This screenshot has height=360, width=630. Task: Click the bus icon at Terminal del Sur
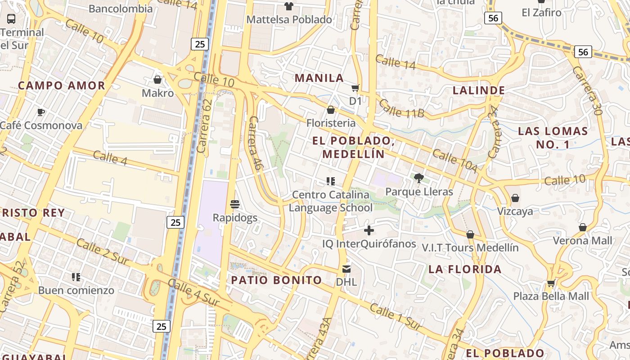11,19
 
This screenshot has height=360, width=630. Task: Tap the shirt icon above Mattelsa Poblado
288,6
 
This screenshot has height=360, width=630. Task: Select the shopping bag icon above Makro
157,80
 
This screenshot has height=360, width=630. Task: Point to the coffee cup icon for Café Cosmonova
41,112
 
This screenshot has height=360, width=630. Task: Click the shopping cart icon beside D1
355,88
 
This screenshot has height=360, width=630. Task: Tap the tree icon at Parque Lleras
418,178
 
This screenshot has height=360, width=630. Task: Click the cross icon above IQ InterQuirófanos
369,230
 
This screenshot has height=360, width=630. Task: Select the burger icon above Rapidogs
234,204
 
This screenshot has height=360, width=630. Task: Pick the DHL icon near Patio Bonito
346,269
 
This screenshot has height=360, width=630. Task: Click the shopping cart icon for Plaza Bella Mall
551,283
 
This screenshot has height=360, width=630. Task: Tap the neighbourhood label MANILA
319,78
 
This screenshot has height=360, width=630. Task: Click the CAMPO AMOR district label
62,85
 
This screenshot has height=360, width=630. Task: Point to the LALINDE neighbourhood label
478,90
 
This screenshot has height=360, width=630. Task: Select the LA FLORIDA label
465,269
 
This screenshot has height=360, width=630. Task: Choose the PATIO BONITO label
276,280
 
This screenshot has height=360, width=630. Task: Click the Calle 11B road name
401,108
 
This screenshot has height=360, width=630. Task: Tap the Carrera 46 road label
255,143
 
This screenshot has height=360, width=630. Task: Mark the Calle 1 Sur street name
395,316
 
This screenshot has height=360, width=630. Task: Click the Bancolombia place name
121,9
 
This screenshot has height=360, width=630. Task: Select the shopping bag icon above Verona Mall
583,227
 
